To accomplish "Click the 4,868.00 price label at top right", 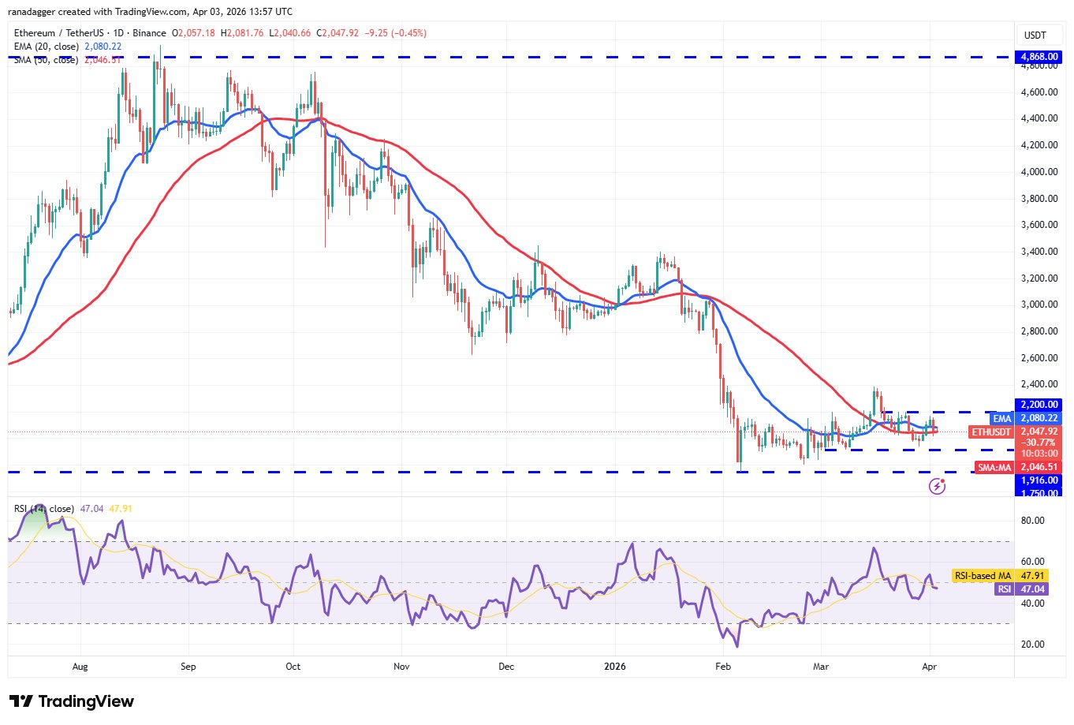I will pos(1039,57).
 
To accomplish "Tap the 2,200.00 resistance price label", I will pos(1039,405).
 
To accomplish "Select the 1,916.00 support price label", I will pos(1039,480).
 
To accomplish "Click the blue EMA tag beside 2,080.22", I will pos(1001,418).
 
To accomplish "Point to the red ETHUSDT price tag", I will pos(991,432).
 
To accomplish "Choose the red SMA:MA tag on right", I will pos(994,468).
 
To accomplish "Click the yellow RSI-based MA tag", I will pos(983,576).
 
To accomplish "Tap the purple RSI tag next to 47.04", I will pos(1004,589).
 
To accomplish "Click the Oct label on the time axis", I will pos(293,667).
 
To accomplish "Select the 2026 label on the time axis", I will pos(614,667).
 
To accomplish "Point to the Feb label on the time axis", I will pos(722,667).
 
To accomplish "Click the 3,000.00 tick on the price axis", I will pos(1039,305).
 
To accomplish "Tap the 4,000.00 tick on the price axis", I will pos(1039,171).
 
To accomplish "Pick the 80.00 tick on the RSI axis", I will pos(1032,521).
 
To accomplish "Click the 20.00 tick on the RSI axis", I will pos(1032,645).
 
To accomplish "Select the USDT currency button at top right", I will pos(1035,35).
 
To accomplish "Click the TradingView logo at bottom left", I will pos(72,701).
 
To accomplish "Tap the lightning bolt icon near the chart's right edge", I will pos(937,486).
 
